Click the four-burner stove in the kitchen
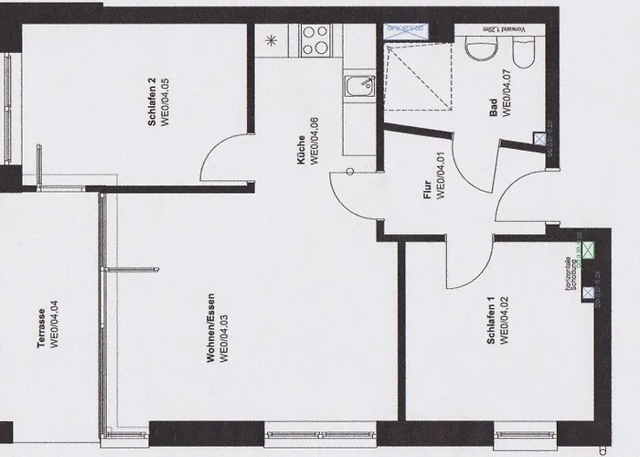pyautogui.click(x=315, y=38)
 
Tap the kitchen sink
pyautogui.click(x=357, y=87)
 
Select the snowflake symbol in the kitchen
pyautogui.click(x=270, y=39)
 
